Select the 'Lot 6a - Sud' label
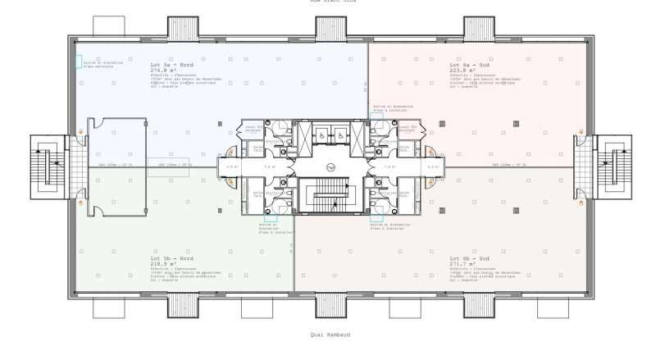click(468, 65)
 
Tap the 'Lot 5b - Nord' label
click(170, 258)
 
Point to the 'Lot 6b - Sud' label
click(468, 258)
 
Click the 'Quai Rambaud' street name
click(328, 334)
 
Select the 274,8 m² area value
click(164, 71)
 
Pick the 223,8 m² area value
click(462, 71)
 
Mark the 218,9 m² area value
click(164, 264)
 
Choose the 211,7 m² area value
click(462, 264)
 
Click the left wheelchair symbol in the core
click(321, 134)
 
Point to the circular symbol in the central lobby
click(330, 166)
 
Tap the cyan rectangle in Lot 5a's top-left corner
click(79, 62)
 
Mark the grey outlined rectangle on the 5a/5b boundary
click(167, 164)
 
